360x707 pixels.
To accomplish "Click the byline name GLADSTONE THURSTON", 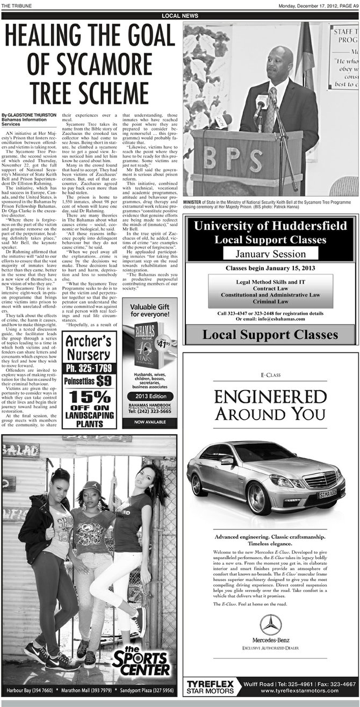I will click(32, 116).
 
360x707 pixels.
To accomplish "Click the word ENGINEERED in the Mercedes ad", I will click(270, 396).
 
